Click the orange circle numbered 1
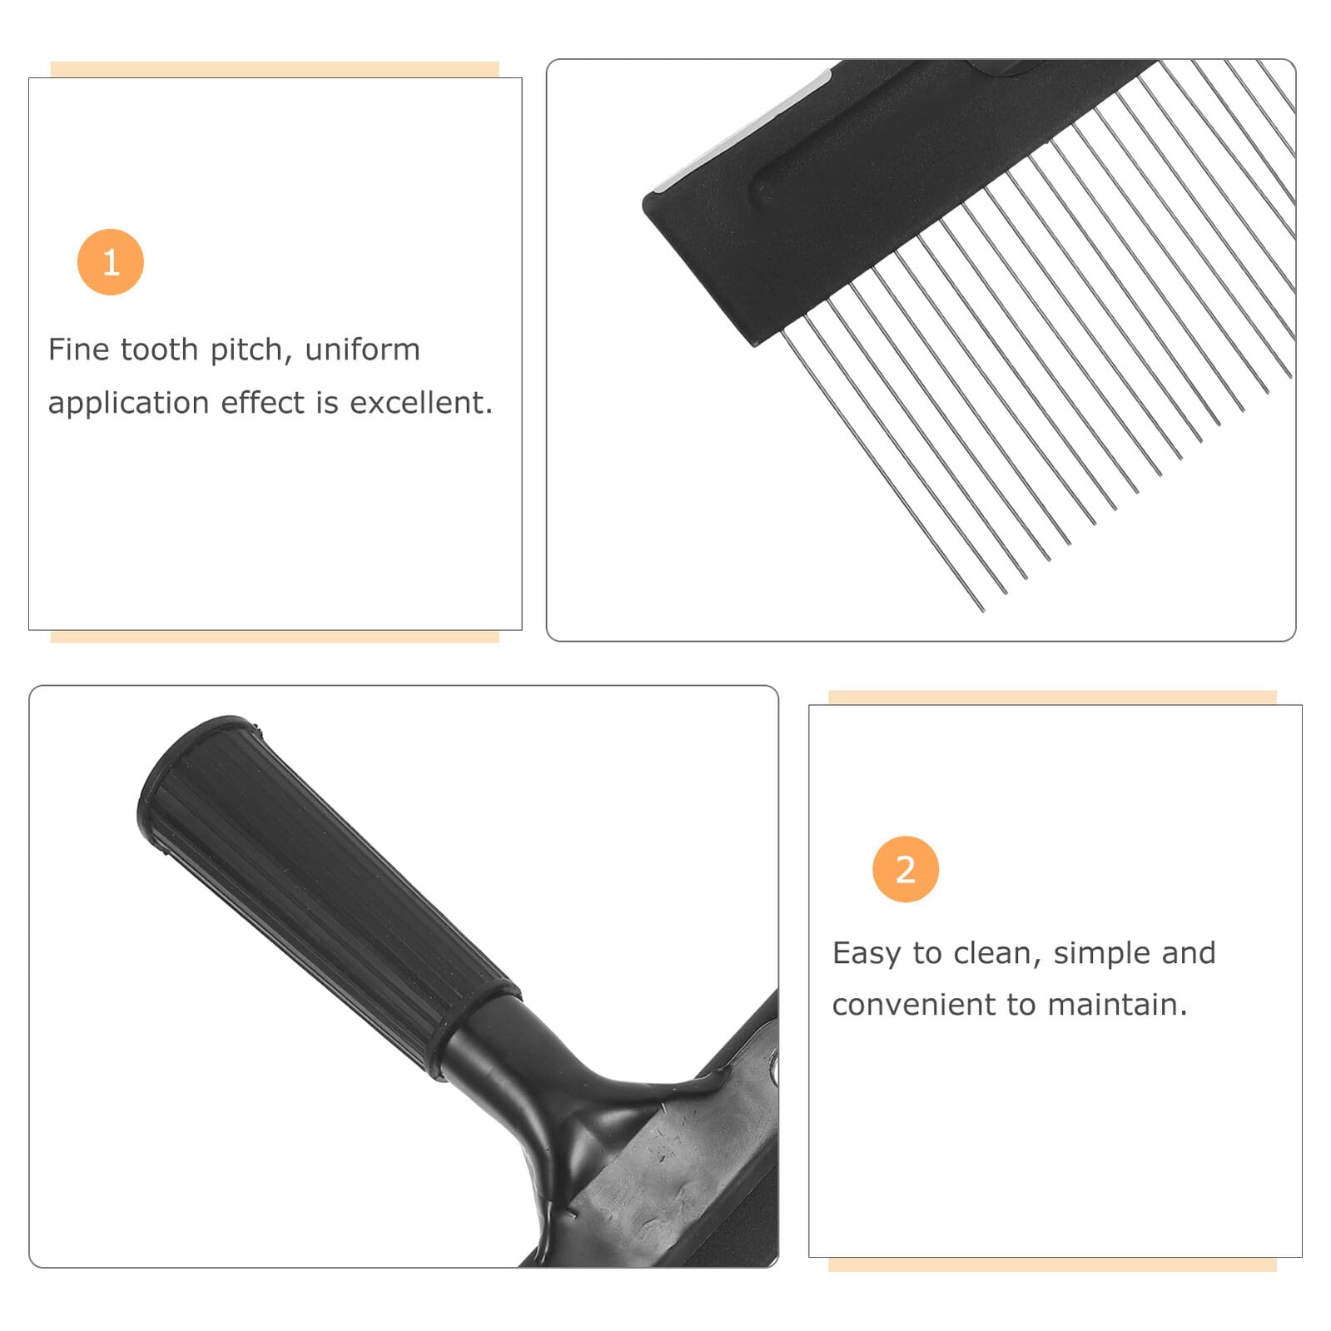pos(111,262)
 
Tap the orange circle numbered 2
pos(906,869)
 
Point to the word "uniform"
pos(362,350)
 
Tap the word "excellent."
pos(421,403)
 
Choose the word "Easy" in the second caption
pos(866,954)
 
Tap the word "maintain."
pos(1117,1006)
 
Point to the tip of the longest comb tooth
pos(983,611)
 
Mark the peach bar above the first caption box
pos(275,69)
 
